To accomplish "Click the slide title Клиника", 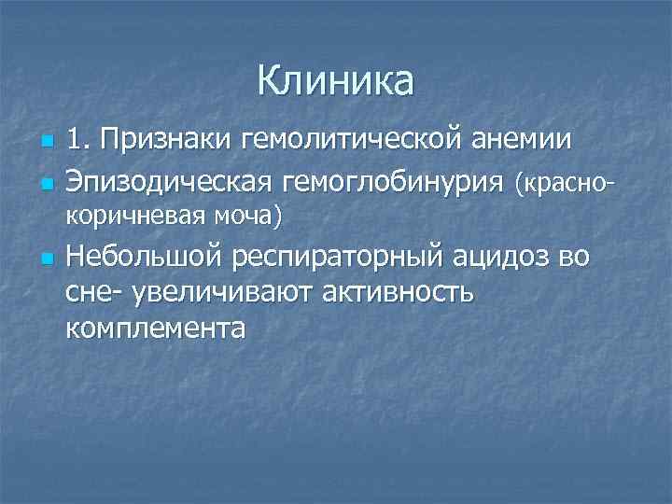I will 335,81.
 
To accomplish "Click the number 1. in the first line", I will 79,141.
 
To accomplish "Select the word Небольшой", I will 147,257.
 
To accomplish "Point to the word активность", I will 397,293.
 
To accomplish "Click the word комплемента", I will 156,329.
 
